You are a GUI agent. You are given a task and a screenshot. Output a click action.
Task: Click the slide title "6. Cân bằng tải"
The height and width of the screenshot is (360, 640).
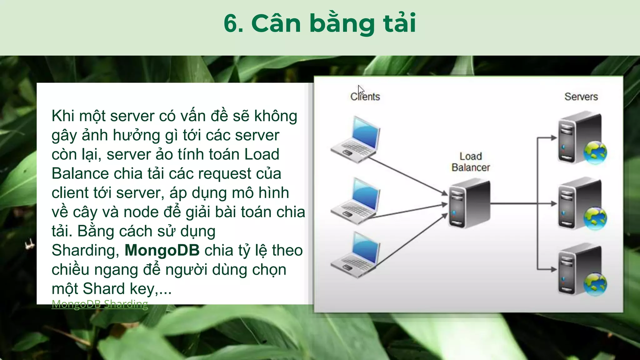click(320, 23)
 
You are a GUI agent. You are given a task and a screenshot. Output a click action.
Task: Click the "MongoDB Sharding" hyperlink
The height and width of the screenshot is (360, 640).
click(100, 304)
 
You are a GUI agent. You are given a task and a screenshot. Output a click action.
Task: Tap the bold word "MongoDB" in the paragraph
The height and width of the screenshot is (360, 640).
click(162, 250)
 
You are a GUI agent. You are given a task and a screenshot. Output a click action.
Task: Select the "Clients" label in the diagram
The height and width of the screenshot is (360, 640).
click(365, 97)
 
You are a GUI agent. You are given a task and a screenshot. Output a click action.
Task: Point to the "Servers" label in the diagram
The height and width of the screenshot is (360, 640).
click(581, 97)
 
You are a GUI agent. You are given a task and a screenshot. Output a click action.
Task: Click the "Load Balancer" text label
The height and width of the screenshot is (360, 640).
click(471, 162)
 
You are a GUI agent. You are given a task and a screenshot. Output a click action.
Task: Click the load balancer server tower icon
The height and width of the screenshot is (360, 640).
click(469, 203)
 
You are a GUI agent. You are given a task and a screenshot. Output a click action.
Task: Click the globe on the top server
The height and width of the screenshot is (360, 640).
click(595, 153)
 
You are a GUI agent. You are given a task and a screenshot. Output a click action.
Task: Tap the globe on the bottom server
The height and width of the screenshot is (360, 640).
click(595, 284)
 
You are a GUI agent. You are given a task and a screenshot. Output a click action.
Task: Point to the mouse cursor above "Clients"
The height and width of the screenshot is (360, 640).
click(360, 89)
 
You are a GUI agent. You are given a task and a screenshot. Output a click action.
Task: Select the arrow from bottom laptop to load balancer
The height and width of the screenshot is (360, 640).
click(409, 241)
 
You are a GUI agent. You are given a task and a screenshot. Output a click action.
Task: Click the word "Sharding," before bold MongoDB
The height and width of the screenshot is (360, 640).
click(85, 250)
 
